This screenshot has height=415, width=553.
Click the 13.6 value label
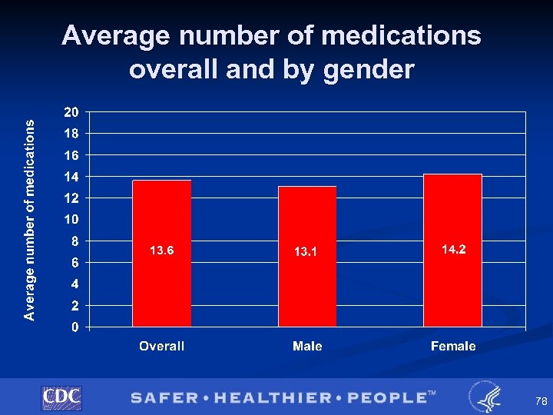pyautogui.click(x=161, y=250)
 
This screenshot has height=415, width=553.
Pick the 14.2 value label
pyautogui.click(x=453, y=249)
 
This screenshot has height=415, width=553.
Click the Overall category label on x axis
pyautogui.click(x=161, y=347)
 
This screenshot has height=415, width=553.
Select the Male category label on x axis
pyautogui.click(x=307, y=347)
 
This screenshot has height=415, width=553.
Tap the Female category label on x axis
pyautogui.click(x=453, y=347)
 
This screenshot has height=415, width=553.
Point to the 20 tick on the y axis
pyautogui.click(x=71, y=112)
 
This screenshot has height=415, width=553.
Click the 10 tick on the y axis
pyautogui.click(x=71, y=220)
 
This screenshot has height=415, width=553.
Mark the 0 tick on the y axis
pyautogui.click(x=75, y=327)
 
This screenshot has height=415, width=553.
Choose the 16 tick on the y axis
pyautogui.click(x=71, y=155)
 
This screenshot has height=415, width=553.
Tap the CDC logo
pyautogui.click(x=61, y=397)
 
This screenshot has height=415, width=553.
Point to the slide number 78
pyautogui.click(x=520, y=401)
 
